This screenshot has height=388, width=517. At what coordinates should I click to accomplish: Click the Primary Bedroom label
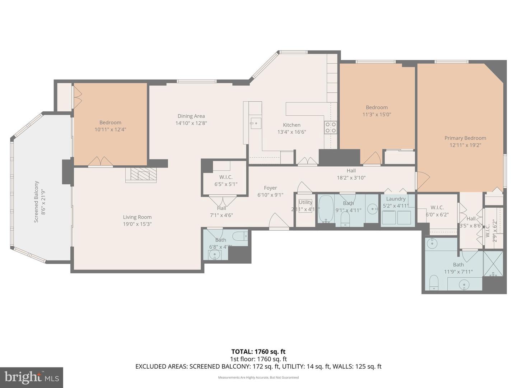coord(465,138)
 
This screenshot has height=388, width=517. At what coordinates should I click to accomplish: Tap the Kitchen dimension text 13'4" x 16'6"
coord(292,132)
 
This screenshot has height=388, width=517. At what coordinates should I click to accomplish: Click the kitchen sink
coord(256,123)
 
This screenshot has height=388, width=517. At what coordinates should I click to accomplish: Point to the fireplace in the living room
coord(141,175)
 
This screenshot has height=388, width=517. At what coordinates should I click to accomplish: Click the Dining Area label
coord(191,116)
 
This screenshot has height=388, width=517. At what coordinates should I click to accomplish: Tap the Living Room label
coord(137,217)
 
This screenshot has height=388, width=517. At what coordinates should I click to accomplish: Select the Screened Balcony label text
coord(36,202)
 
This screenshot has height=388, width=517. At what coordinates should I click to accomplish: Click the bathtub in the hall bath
coord(326,209)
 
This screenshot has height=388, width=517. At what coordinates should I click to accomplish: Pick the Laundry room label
coord(396,199)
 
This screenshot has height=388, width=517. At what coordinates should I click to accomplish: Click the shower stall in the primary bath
coord(493,264)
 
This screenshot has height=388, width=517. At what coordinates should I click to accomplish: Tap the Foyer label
coord(270,188)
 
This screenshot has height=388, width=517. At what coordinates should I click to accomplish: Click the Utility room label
coord(305,202)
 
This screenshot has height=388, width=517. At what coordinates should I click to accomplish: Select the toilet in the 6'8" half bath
coord(240,236)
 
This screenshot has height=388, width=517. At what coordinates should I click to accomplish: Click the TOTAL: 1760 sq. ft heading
coord(258,352)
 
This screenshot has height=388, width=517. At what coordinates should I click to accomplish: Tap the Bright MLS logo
coord(32,377)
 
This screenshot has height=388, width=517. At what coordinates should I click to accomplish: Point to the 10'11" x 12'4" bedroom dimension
coord(110,129)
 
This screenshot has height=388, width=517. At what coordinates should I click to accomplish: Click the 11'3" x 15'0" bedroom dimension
coord(377,115)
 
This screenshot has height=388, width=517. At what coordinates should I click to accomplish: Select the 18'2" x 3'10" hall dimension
coord(351,177)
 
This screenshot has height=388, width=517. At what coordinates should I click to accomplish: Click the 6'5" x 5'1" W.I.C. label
coord(226,184)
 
